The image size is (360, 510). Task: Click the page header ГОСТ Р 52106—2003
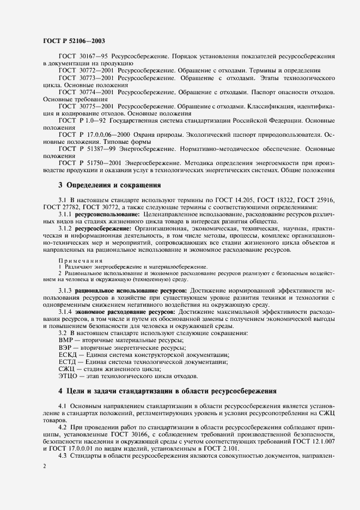pyautogui.click(x=74, y=41)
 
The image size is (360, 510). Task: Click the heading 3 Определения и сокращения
pyautogui.click(x=109, y=185)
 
